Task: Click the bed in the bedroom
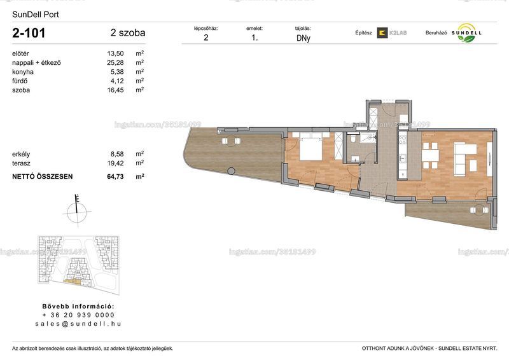click(x=311, y=148)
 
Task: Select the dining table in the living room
click(x=431, y=156)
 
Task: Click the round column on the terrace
click(x=231, y=170)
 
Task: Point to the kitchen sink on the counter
click(x=403, y=158)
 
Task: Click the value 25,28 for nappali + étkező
click(x=115, y=63)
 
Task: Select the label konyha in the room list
click(x=23, y=72)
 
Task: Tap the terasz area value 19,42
click(x=115, y=163)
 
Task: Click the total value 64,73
click(x=115, y=177)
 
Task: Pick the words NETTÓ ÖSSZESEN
click(x=42, y=177)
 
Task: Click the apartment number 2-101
click(x=29, y=33)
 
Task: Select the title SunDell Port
click(x=36, y=15)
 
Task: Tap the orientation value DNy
click(x=303, y=38)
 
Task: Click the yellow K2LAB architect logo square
click(x=382, y=33)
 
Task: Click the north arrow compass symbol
click(x=77, y=211)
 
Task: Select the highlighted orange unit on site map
click(x=73, y=282)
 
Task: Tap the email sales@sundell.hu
click(x=78, y=324)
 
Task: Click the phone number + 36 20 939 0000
click(x=78, y=315)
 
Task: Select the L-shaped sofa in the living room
click(x=465, y=158)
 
